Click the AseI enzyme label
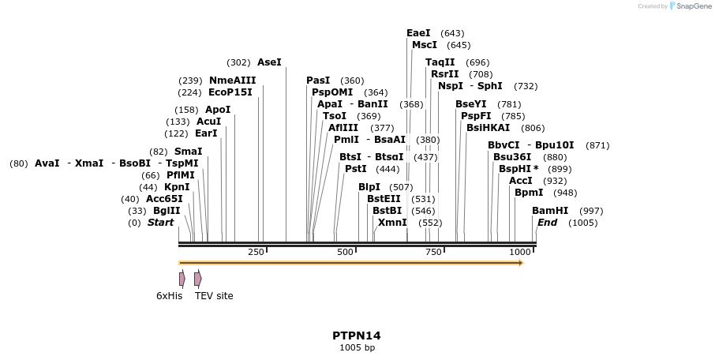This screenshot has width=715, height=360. tap(269, 62)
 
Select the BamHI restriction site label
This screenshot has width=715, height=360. tap(550, 211)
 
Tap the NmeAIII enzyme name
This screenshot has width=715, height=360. tap(232, 81)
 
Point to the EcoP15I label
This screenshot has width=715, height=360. tap(230, 92)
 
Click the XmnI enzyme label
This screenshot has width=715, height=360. tap(392, 223)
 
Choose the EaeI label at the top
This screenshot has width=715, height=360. tap(418, 33)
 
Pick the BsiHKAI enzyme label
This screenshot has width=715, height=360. tap(489, 128)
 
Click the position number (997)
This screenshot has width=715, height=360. tap(591, 211)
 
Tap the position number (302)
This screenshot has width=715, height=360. tap(238, 62)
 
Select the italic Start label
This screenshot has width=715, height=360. tap(160, 223)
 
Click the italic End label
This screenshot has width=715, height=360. tap(547, 223)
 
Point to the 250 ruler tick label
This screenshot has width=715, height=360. tap(256, 252)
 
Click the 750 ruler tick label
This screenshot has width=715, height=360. tap(433, 252)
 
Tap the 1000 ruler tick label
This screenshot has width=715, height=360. tap(520, 252)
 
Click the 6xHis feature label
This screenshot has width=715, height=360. tap(169, 296)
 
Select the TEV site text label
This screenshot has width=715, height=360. tap(214, 296)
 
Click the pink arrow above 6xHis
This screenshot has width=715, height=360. tap(182, 279)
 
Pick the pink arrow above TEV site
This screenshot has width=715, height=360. tap(197, 279)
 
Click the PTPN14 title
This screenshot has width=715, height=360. tap(357, 336)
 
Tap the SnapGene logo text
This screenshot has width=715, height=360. tap(692, 6)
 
